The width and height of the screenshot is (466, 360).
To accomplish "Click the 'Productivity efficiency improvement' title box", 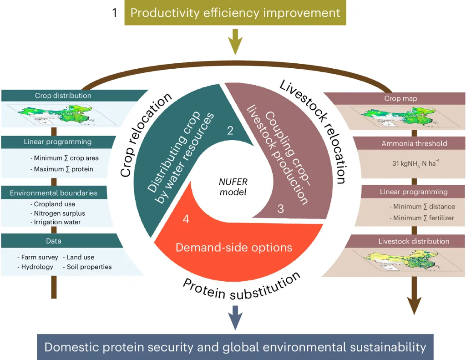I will (x=235, y=12).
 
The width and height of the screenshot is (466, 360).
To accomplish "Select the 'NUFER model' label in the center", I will (x=233, y=187).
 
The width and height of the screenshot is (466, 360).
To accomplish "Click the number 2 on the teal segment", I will (x=230, y=131).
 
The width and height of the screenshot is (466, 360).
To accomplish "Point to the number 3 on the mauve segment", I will (x=281, y=209).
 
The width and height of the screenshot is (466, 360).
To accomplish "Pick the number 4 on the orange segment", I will (x=186, y=219).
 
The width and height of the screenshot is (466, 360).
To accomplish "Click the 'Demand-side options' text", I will (x=234, y=247).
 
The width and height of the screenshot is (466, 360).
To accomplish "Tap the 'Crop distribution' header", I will (x=63, y=96).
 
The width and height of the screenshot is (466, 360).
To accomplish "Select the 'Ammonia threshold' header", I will (x=414, y=144).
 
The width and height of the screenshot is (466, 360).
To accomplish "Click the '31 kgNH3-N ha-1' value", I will (x=414, y=163).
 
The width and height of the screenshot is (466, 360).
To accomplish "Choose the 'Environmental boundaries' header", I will (x=54, y=193).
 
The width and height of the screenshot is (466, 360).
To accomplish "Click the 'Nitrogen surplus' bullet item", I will (x=60, y=213).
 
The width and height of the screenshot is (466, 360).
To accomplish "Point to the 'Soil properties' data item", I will (x=89, y=267).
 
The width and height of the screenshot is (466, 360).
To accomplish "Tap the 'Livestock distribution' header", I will (x=414, y=241).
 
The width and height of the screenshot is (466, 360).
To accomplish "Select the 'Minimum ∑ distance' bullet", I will (x=422, y=207).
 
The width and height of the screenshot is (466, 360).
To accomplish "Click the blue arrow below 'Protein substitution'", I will (x=235, y=316).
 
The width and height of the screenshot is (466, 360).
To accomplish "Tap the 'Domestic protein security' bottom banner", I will (x=235, y=348).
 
